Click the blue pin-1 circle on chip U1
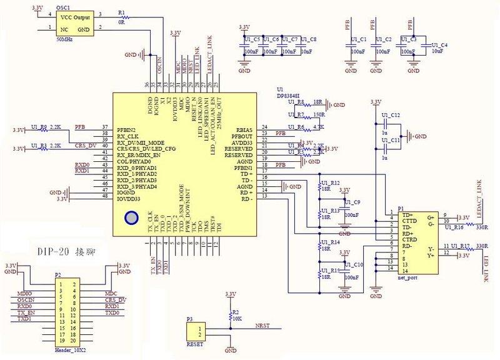[x=131, y=218]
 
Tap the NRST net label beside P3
[x=262, y=325]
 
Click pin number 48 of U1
[x=104, y=196]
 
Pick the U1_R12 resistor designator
[x=331, y=182]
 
